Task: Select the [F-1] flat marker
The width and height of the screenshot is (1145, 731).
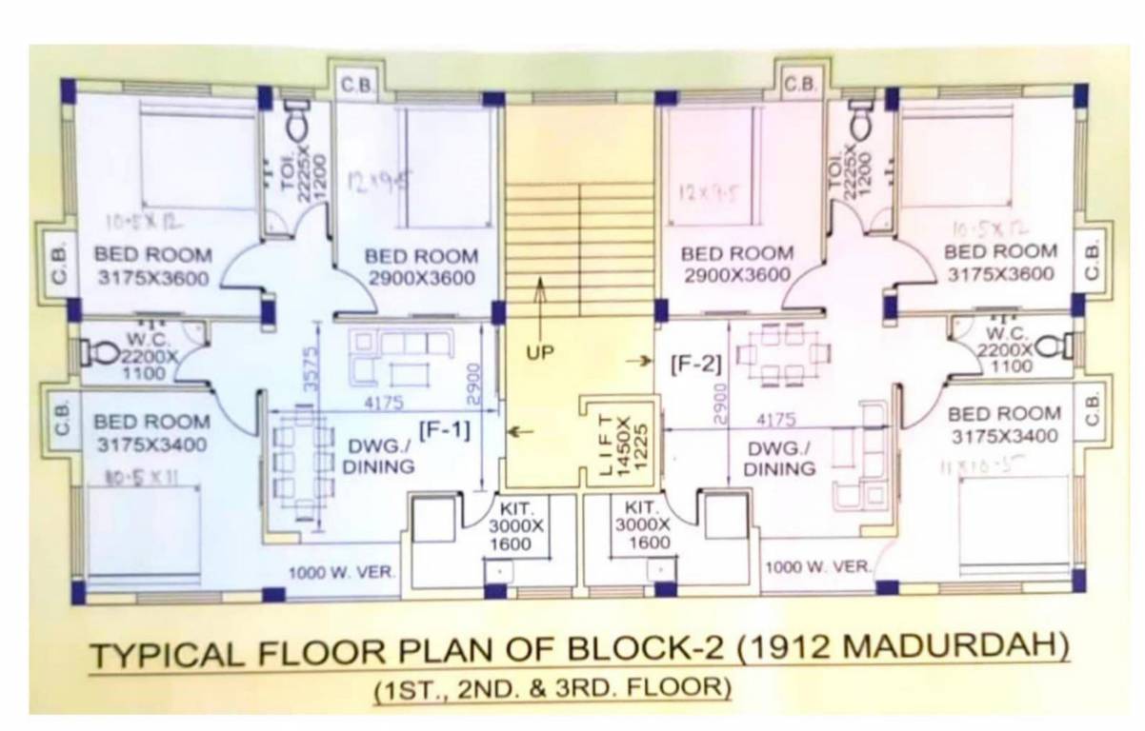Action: tap(445, 429)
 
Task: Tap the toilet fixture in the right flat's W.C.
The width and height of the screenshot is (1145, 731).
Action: tap(1053, 345)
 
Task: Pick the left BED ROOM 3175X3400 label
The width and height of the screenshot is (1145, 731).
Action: tap(151, 433)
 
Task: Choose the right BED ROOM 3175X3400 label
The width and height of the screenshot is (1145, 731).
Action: tap(1004, 425)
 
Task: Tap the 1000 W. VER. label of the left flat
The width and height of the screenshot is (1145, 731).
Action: tap(342, 573)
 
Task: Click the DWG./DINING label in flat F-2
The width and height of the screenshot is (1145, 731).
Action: tap(779, 459)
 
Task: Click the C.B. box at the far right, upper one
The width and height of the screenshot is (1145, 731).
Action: tap(1093, 260)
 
